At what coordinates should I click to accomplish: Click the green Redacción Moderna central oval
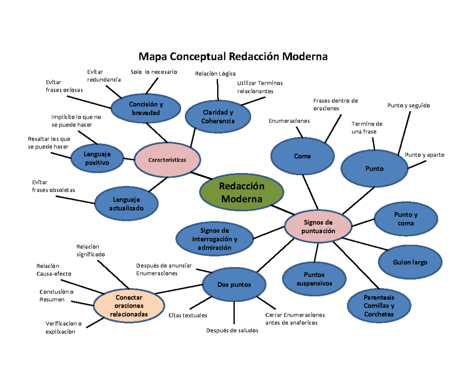pyautogui.click(x=241, y=192)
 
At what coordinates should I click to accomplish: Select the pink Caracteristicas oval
pyautogui.click(x=167, y=160)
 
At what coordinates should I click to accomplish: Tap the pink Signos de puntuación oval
pyautogui.click(x=318, y=227)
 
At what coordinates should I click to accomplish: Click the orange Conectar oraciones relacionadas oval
pyautogui.click(x=129, y=306)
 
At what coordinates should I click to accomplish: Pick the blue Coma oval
pyautogui.click(x=302, y=156)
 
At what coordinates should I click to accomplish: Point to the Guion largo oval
pyautogui.click(x=410, y=263)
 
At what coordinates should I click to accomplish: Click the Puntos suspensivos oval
pyautogui.click(x=314, y=279)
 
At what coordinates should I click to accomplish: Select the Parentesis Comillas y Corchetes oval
pyautogui.click(x=379, y=306)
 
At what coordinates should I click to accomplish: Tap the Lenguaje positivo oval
pyautogui.click(x=97, y=158)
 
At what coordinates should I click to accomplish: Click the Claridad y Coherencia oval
pyautogui.click(x=218, y=117)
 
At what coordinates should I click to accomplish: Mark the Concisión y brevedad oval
pyautogui.click(x=145, y=109)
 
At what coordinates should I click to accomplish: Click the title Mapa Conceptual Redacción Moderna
pyautogui.click(x=232, y=57)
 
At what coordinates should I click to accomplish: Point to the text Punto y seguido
pyautogui.click(x=408, y=106)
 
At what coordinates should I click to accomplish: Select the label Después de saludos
pyautogui.click(x=232, y=330)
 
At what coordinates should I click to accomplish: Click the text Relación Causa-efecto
pyautogui.click(x=54, y=270)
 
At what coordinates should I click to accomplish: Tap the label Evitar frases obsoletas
pyautogui.click(x=53, y=186)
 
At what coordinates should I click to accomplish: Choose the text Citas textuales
pyautogui.click(x=188, y=315)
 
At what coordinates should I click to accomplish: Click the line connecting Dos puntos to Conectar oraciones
pyautogui.click(x=179, y=289)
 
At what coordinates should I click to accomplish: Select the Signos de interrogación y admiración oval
pyautogui.click(x=215, y=239)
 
